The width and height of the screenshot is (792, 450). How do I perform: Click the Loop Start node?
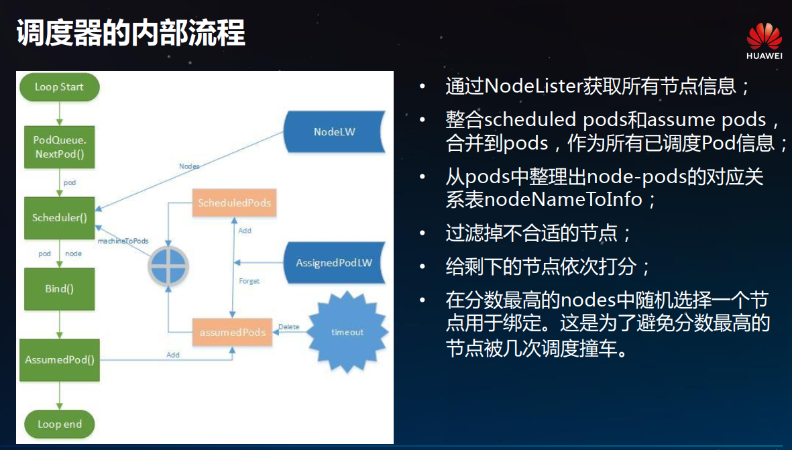point(59,87)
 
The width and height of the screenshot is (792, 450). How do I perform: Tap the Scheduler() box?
point(60,218)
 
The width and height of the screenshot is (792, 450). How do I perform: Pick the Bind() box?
point(59,289)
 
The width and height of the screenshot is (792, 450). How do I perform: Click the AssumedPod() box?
point(60,359)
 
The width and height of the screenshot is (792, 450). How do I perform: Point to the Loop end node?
point(59,424)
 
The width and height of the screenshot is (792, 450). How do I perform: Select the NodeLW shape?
point(334,132)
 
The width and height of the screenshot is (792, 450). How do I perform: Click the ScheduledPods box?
point(233,203)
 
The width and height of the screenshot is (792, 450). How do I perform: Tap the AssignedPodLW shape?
point(334,263)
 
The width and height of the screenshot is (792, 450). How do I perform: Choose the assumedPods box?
point(233,332)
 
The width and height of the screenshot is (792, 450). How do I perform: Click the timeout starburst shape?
point(347,332)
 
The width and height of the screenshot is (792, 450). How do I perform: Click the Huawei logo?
point(764,42)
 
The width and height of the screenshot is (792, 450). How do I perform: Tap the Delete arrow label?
point(289,327)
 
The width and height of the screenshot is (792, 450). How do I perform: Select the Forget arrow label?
point(249,281)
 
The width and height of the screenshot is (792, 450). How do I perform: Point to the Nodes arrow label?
point(189,166)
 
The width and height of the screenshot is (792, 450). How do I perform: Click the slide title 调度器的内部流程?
point(131,32)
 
